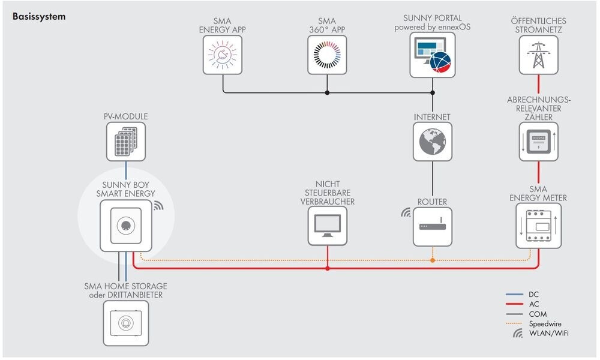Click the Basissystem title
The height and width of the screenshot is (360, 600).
click(x=39, y=17)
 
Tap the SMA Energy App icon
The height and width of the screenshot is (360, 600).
click(x=223, y=55)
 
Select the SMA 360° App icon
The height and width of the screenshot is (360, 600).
click(x=327, y=55)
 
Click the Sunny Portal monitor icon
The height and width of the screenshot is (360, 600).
click(x=432, y=55)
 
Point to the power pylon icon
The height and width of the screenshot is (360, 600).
click(x=538, y=55)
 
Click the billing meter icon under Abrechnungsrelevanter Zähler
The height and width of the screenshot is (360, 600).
click(x=538, y=142)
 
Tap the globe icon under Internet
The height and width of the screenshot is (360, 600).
click(x=432, y=142)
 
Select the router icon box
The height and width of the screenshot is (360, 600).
click(x=432, y=226)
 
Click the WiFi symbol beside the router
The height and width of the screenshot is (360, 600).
click(x=406, y=212)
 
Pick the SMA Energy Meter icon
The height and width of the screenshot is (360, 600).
click(x=538, y=226)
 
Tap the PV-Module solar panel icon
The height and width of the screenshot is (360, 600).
click(x=126, y=142)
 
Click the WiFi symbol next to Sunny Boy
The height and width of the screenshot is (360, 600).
click(x=158, y=206)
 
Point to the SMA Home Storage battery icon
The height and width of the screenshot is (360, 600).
click(x=126, y=323)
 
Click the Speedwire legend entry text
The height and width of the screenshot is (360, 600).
click(x=545, y=323)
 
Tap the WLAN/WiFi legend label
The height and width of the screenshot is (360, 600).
click(x=548, y=333)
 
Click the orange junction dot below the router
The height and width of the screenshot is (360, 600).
click(x=432, y=260)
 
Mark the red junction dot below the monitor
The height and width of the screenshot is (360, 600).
click(x=327, y=268)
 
